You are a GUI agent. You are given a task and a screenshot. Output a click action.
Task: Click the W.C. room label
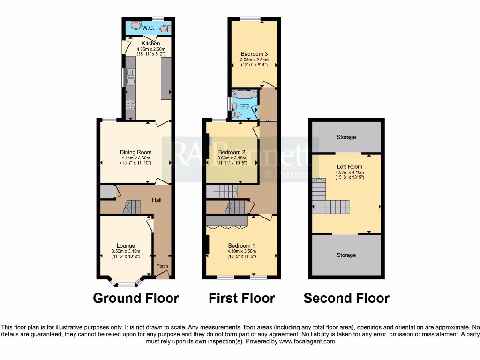coord(149,28)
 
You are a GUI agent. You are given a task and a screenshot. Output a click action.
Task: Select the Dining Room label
coord(136,152)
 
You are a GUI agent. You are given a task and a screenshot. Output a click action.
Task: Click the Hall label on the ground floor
coord(157,200)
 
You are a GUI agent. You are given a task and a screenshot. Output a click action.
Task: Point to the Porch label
coord(162,266)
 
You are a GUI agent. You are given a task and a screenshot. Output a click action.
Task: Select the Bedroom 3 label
coord(254,54)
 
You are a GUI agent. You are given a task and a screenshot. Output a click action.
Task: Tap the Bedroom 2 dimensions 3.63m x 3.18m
coord(232,158)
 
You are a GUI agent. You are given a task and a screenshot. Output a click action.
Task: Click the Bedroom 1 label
coord(241,246)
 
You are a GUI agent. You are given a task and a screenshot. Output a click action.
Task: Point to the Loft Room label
coord(349,166)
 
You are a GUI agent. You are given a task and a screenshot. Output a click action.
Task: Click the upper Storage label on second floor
coord(346,137)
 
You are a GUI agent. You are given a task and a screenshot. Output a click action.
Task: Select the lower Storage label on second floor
coord(346,255)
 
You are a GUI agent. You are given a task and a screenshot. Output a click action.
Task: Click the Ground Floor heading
coord(136,298)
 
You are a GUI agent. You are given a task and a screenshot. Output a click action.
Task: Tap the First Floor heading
coord(242,298)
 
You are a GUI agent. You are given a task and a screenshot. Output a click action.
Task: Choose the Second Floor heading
coord(346,298)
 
